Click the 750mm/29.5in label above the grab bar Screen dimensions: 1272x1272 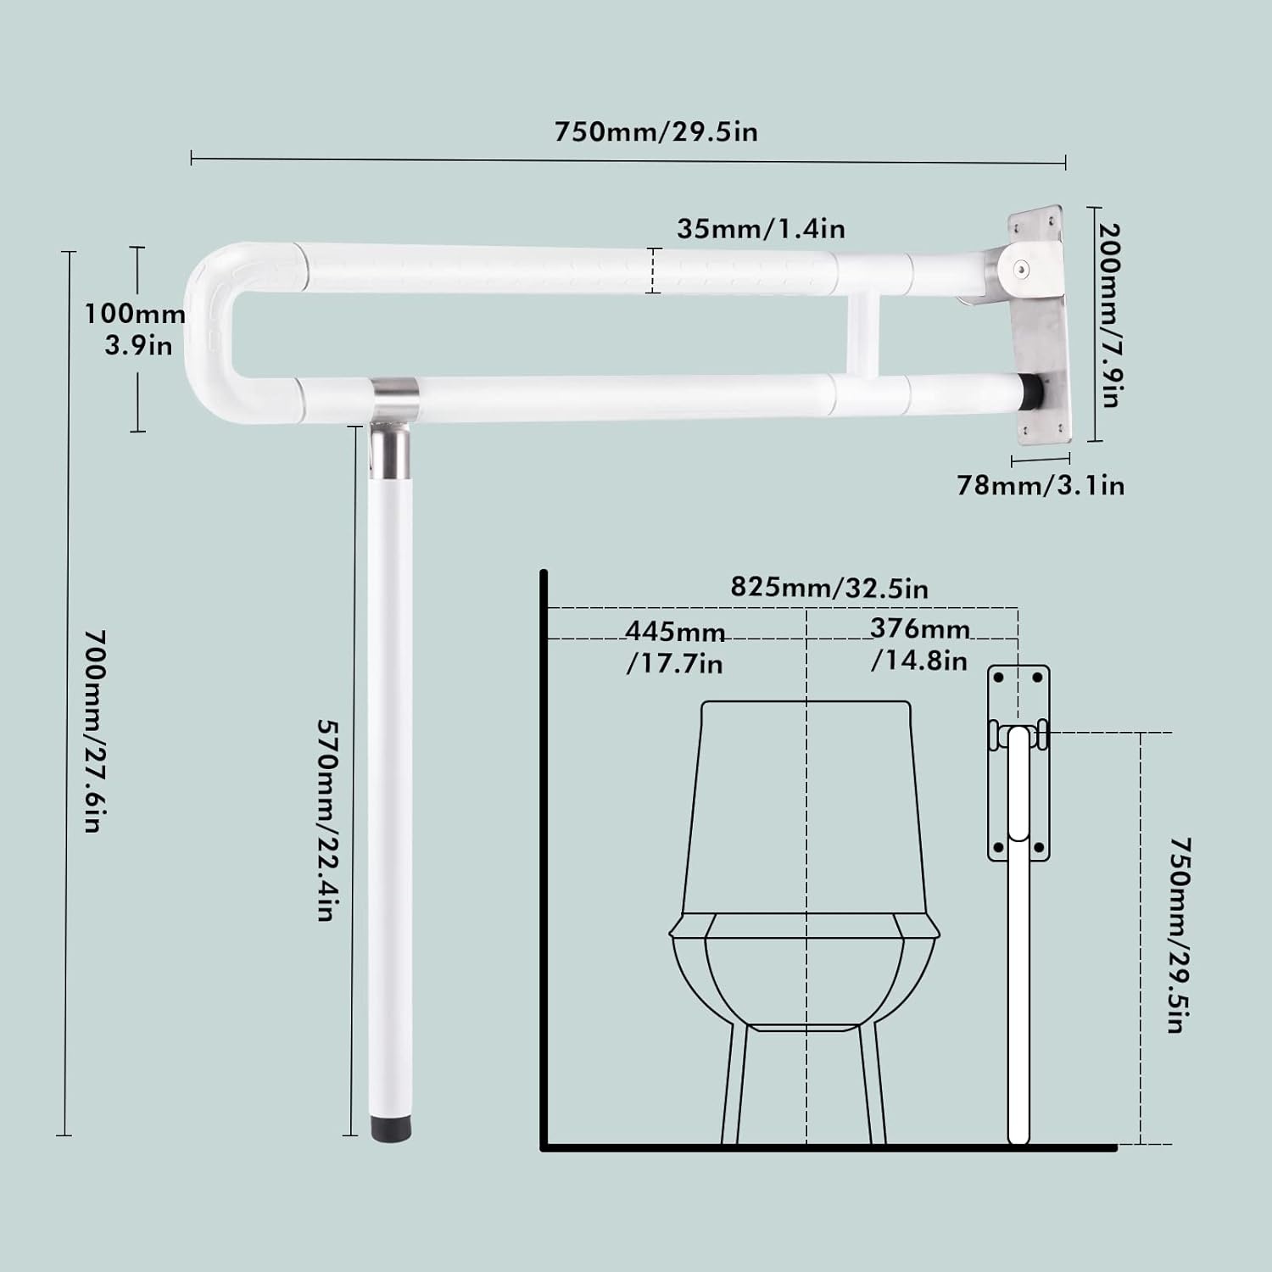[x=656, y=132]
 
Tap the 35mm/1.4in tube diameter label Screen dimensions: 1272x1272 [x=761, y=229]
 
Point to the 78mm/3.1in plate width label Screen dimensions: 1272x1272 [x=1040, y=485]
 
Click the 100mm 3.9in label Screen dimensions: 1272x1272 [x=136, y=329]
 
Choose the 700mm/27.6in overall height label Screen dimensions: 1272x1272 [x=94, y=730]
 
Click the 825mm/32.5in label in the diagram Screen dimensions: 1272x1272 [x=828, y=588]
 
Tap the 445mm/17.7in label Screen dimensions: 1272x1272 [x=675, y=647]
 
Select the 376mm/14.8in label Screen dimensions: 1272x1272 [x=919, y=644]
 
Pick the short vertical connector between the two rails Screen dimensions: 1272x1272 [x=862, y=335]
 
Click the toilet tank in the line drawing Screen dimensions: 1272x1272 [x=806, y=806]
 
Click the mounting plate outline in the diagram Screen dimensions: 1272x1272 [x=1018, y=763]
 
